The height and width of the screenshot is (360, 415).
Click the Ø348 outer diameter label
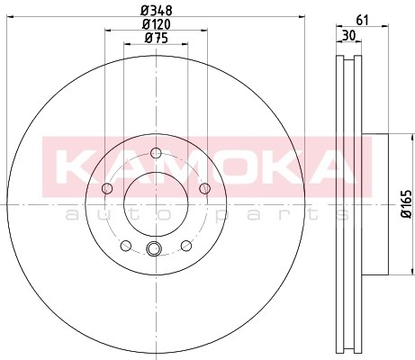tap(156, 10)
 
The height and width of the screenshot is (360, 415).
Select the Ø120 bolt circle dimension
tap(156, 24)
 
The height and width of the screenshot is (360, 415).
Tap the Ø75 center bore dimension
tap(156, 39)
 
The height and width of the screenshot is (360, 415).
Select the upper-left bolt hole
tap(107, 187)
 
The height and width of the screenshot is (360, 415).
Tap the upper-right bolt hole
tap(204, 187)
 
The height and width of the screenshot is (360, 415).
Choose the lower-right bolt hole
tap(185, 244)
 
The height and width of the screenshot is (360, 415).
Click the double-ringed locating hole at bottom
tap(153, 249)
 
